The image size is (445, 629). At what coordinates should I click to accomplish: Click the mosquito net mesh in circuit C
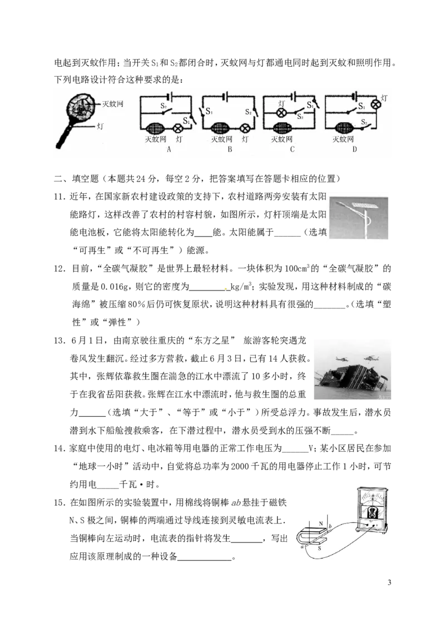point(281,128)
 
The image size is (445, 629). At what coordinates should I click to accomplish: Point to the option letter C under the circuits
point(292,149)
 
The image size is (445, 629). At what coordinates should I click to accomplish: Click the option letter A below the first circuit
point(169,149)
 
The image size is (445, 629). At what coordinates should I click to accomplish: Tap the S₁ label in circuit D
point(362,106)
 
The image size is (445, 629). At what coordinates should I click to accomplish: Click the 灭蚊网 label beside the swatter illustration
point(112,104)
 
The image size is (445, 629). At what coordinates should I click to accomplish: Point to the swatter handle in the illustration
point(65,134)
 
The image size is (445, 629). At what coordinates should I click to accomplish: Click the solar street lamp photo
point(359,218)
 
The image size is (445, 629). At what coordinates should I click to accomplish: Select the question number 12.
point(60,268)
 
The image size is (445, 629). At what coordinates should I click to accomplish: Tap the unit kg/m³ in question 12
point(241,286)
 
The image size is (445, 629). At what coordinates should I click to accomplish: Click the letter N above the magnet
point(321,523)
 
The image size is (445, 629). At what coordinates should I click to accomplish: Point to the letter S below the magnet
point(320,548)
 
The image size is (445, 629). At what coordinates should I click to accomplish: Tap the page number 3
point(389,582)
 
